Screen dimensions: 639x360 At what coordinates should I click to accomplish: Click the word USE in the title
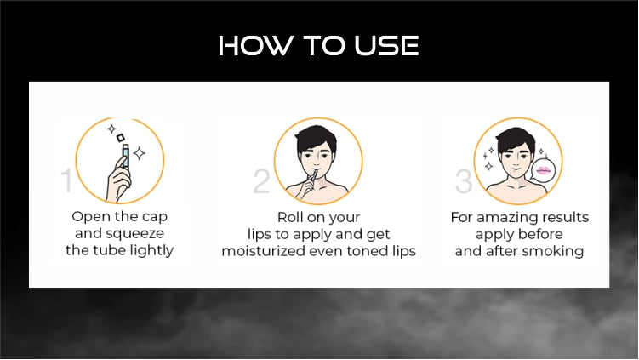pos(386,45)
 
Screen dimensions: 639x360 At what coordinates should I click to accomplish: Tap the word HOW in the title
pos(256,45)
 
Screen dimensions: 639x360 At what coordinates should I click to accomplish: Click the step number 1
pos(66,180)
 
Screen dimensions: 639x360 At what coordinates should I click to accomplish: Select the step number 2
pos(261,181)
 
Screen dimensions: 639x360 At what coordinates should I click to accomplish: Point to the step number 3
pos(464,181)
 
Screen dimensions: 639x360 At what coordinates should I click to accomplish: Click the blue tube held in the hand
pos(125,156)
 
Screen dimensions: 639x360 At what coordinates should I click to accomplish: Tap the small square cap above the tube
pos(121,138)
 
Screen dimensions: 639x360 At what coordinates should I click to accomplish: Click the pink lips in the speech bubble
pos(544,169)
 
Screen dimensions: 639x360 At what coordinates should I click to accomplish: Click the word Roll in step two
pos(290,217)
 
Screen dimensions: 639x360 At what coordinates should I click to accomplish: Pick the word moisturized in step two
pos(262,251)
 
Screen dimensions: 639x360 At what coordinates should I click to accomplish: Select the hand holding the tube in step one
pos(118,180)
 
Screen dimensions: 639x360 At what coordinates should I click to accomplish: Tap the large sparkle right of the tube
pos(140,153)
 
